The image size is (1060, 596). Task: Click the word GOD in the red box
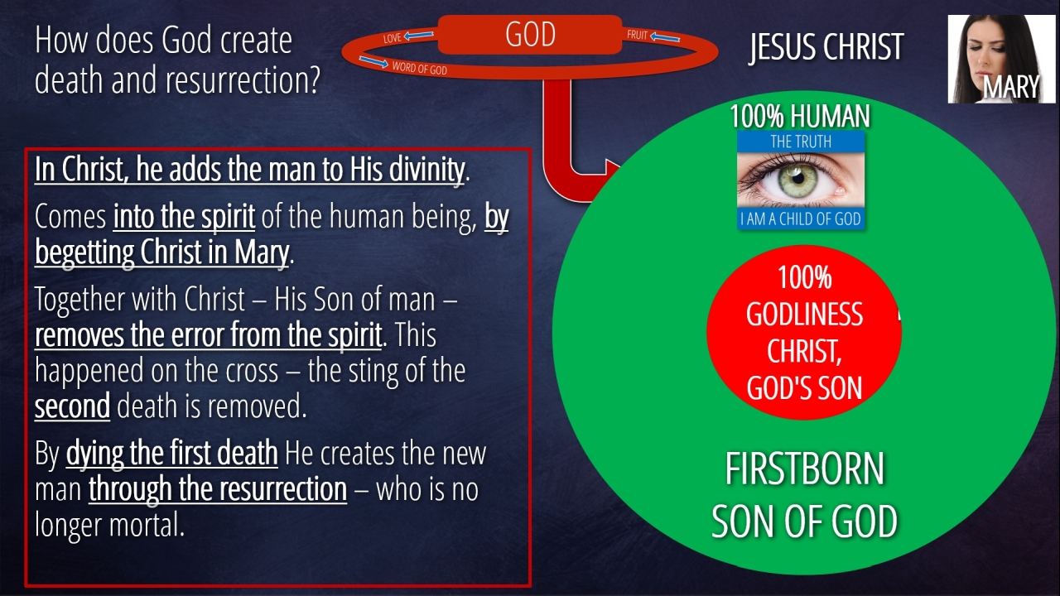click(x=531, y=34)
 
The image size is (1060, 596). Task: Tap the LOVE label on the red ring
click(x=393, y=38)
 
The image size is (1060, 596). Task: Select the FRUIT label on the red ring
click(x=637, y=35)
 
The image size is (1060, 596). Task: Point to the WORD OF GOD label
click(x=419, y=68)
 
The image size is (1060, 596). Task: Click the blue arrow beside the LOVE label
click(x=419, y=35)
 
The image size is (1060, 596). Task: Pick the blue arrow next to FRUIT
click(x=665, y=37)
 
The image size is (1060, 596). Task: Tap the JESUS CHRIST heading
click(x=826, y=47)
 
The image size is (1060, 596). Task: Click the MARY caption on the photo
click(x=1011, y=87)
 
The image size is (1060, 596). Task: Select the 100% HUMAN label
click(x=800, y=116)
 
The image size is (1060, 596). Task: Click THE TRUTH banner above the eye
click(x=801, y=142)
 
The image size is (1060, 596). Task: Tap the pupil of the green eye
click(x=797, y=179)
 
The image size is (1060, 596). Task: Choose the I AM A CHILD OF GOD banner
click(x=801, y=219)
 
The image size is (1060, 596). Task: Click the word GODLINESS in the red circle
click(x=804, y=314)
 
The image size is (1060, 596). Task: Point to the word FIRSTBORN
click(x=804, y=469)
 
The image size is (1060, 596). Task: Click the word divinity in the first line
click(x=426, y=170)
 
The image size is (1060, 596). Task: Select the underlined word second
click(x=72, y=406)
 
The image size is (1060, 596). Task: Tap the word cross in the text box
click(x=251, y=372)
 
